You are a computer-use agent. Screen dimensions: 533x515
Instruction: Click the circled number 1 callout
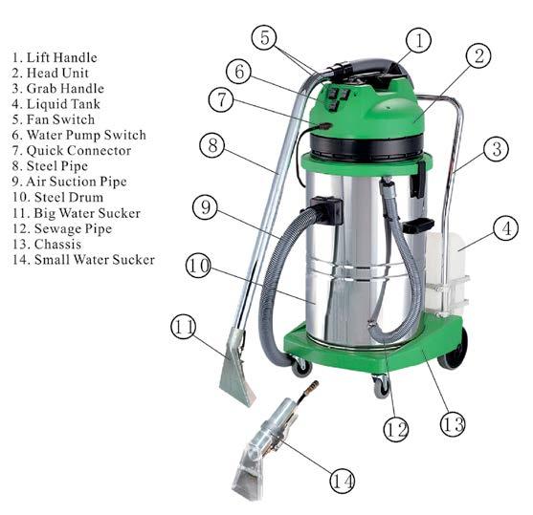click(419, 40)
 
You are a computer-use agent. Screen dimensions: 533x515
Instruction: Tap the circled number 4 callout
click(506, 227)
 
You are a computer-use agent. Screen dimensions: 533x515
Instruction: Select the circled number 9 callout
click(205, 206)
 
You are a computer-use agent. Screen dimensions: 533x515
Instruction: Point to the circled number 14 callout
click(343, 481)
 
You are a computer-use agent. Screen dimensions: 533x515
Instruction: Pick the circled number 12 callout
click(396, 429)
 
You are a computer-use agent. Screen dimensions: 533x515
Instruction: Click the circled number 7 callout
click(221, 99)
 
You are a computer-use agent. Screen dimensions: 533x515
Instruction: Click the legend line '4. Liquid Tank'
click(56, 104)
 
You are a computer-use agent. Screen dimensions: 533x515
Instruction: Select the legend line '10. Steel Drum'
click(57, 197)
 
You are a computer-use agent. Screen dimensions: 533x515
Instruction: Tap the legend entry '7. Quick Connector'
click(72, 151)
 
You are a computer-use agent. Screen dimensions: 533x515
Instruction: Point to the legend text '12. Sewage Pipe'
click(62, 228)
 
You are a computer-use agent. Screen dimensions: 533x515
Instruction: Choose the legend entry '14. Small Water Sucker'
click(83, 260)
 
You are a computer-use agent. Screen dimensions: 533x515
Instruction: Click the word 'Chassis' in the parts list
click(57, 244)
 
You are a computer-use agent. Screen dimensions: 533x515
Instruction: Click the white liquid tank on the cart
click(445, 273)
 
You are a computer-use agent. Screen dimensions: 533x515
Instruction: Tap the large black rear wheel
click(454, 350)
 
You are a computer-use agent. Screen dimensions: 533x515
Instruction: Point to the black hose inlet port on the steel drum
click(327, 211)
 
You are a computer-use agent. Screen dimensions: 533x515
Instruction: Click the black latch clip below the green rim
click(418, 180)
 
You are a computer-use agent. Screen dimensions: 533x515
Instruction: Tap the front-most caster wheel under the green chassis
click(381, 386)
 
